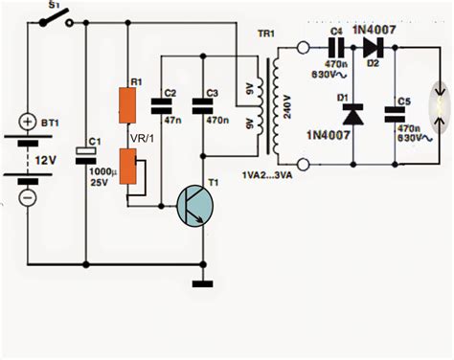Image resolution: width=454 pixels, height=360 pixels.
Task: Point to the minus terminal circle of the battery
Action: [26, 197]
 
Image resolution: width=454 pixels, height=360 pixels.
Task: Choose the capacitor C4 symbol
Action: [338, 51]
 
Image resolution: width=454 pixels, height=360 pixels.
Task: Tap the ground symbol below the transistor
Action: [202, 283]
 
